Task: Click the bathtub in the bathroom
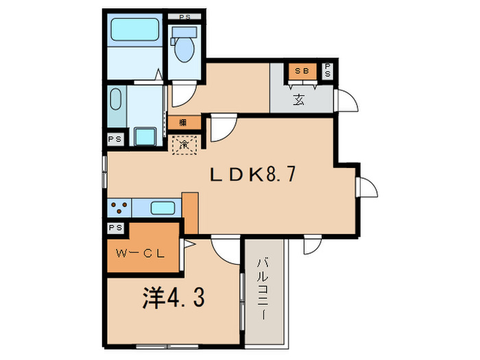[x=135, y=29]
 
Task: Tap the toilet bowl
[x=184, y=47]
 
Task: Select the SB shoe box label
[x=301, y=71]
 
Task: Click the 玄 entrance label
[x=300, y=100]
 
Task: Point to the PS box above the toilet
[x=184, y=16]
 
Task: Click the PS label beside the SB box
[x=328, y=71]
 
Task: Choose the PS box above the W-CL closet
[x=115, y=227]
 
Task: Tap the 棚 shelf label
[x=184, y=123]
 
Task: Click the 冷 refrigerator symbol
[x=184, y=144]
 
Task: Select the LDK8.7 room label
[x=252, y=176]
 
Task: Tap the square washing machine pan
[x=145, y=136]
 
